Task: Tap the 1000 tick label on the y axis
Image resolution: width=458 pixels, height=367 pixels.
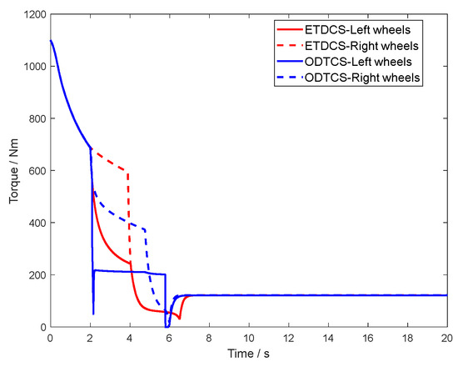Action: pyautogui.click(x=32, y=67)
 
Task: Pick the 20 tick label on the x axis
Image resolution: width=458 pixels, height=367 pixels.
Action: pyautogui.click(x=446, y=338)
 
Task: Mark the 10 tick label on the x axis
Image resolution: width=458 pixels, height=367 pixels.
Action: pyautogui.click(x=248, y=338)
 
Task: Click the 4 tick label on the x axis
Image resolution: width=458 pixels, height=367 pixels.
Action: pyautogui.click(x=129, y=338)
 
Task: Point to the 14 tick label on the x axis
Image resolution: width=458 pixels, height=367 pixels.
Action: pyautogui.click(x=327, y=338)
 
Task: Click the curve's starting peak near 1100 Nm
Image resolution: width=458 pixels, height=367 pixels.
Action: pyautogui.click(x=51, y=41)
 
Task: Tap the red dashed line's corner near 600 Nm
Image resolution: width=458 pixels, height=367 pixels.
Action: pyautogui.click(x=128, y=173)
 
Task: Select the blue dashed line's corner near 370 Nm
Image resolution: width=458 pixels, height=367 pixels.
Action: pyautogui.click(x=145, y=230)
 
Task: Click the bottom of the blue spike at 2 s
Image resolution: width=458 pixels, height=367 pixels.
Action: pyautogui.click(x=93, y=314)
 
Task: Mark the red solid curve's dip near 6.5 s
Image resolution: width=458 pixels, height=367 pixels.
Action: pyautogui.click(x=179, y=319)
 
